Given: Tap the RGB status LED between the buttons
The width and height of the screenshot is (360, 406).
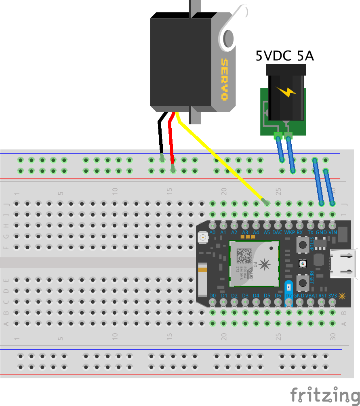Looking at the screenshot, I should click(302, 264).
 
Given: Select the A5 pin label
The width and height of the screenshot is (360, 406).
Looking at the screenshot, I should click(267, 233).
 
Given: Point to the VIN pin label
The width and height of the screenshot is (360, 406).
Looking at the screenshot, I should click(333, 233).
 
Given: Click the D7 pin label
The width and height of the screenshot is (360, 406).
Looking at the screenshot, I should click(288, 296).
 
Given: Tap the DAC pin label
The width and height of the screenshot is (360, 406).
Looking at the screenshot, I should click(278, 233).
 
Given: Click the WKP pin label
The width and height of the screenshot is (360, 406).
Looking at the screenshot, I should click(289, 233).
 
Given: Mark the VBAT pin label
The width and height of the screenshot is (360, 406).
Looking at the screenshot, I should click(311, 296).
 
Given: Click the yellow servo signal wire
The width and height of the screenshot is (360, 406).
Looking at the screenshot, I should click(218, 158).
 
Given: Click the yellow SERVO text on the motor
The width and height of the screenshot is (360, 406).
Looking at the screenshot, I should click(224, 80).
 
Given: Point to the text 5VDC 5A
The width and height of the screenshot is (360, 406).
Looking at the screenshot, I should click(284, 56).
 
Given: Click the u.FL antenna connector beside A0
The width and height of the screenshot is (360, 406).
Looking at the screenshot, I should click(202, 238).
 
